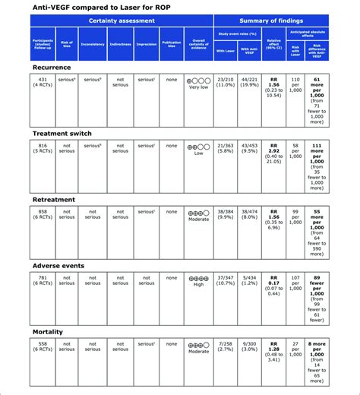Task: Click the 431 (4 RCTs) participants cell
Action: [43, 83]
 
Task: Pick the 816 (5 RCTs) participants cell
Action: [43, 148]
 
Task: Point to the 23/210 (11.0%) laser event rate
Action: [226, 83]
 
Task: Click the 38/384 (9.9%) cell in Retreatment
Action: [226, 214]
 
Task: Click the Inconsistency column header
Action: [93, 44]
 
